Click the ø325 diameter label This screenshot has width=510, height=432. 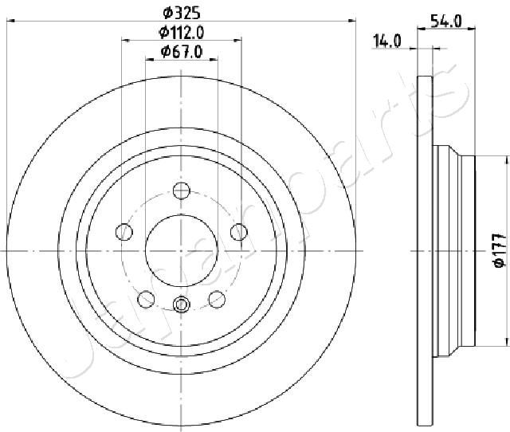181,13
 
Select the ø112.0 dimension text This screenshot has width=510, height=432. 181,32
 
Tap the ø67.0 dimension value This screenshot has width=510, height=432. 182,52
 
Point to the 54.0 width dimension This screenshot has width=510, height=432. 445,22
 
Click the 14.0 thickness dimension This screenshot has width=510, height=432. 387,41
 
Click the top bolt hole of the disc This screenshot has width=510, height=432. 181,190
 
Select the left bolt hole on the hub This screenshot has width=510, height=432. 124,232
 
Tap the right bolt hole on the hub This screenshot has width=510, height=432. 239,232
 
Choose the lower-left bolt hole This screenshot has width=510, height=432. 146,299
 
